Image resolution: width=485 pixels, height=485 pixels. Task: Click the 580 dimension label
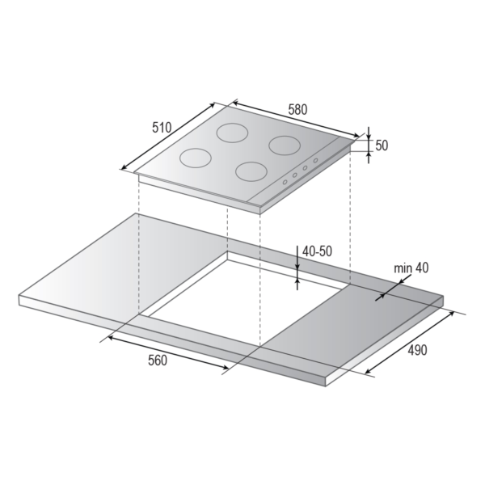pyautogui.click(x=297, y=109)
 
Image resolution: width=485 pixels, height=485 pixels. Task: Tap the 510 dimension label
pyautogui.click(x=162, y=128)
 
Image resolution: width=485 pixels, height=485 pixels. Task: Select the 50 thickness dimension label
pyautogui.click(x=382, y=145)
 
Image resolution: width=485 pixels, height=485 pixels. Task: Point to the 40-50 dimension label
pyautogui.click(x=317, y=251)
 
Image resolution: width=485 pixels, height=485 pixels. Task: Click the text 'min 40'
pyautogui.click(x=411, y=268)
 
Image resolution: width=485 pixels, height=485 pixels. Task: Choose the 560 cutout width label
pyautogui.click(x=158, y=361)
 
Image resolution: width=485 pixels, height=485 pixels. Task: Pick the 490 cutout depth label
pyautogui.click(x=417, y=350)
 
